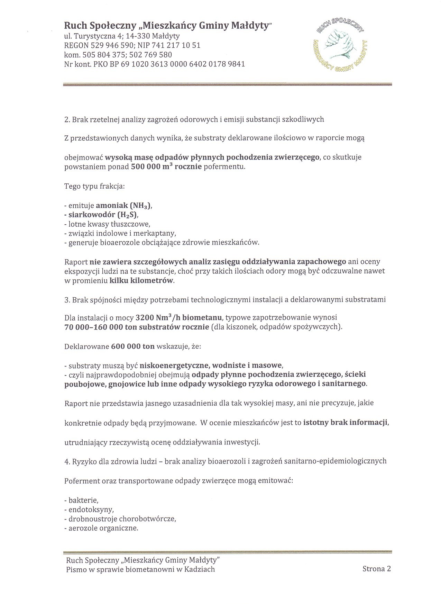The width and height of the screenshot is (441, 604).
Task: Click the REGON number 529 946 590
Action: point(111,45)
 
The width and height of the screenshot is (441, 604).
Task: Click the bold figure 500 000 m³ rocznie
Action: point(166,166)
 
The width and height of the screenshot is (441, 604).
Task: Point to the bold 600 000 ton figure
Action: point(133,346)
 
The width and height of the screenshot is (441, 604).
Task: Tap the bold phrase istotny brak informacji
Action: point(346,423)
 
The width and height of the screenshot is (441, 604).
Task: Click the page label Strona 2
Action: point(376,569)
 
